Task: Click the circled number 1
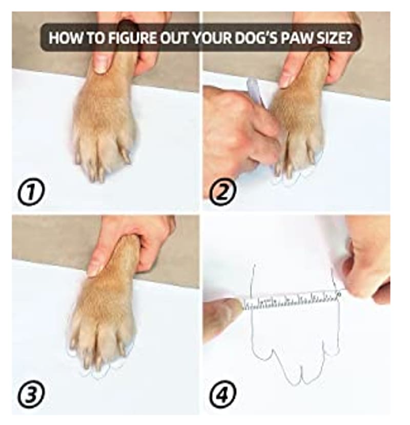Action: click(31, 192)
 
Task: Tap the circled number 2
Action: click(223, 192)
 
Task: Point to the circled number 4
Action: click(223, 394)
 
